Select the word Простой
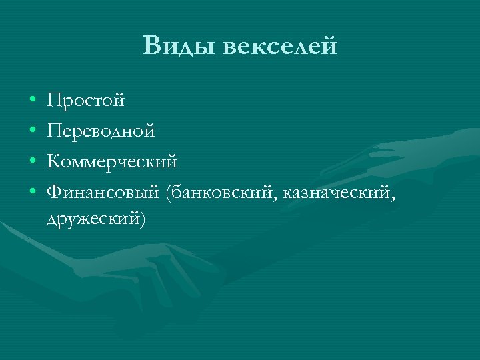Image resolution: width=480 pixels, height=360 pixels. click(86, 101)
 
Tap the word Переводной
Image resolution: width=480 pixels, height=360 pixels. click(101, 131)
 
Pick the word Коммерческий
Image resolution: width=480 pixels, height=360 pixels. click(112, 162)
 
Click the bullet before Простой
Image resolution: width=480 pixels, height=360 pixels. click(32, 102)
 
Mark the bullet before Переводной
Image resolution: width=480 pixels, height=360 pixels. click(32, 132)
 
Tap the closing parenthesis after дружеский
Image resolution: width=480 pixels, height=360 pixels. click(141, 218)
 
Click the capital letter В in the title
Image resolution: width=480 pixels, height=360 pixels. click(151, 47)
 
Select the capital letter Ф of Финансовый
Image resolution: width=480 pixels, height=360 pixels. click(54, 193)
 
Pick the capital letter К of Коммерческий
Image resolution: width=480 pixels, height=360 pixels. click(53, 162)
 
